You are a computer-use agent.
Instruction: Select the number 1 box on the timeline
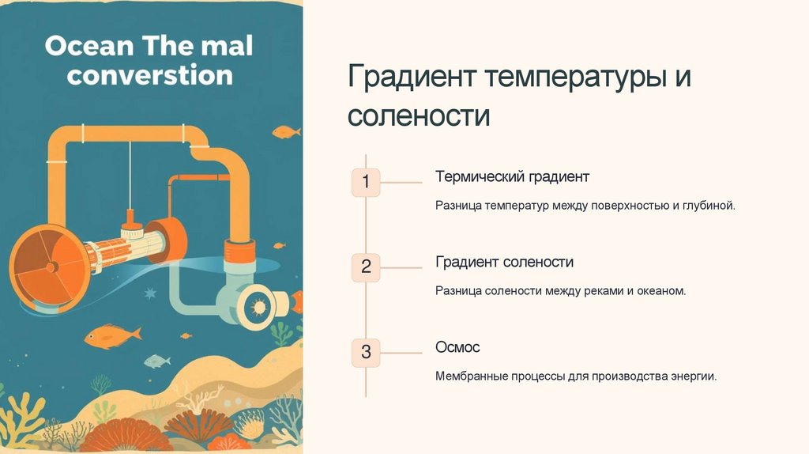click(x=366, y=183)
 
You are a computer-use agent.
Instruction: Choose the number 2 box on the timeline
click(x=366, y=267)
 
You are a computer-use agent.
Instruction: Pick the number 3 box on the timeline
click(x=366, y=351)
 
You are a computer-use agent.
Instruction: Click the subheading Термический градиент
click(x=512, y=176)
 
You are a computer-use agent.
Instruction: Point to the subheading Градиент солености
click(x=504, y=262)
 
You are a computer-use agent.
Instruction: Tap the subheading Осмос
click(x=457, y=347)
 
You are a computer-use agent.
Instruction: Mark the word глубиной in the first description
click(x=708, y=206)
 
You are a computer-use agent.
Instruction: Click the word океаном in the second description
click(x=661, y=291)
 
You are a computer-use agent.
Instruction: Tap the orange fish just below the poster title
click(x=286, y=132)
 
